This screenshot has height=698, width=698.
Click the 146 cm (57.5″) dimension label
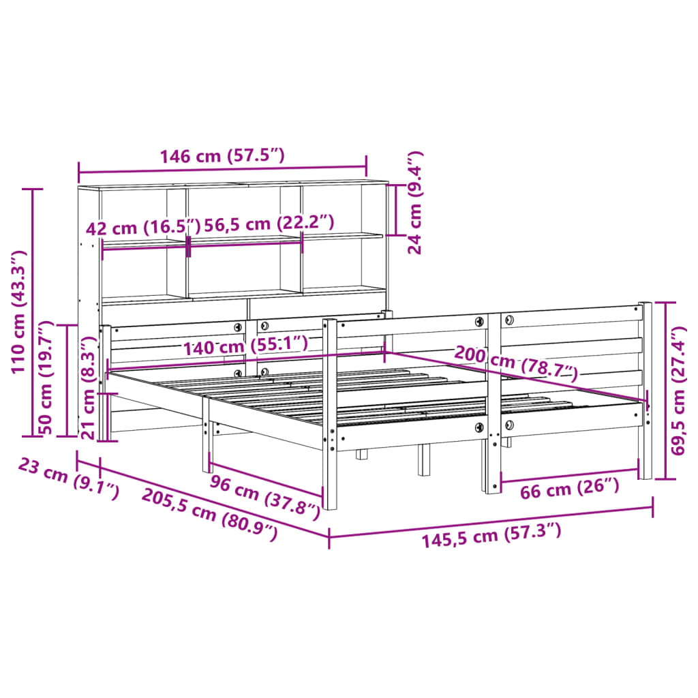(222, 156)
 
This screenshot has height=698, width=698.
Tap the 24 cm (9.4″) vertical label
(415, 202)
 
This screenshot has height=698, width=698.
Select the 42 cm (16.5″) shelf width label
(143, 226)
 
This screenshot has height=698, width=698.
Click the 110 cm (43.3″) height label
(19, 312)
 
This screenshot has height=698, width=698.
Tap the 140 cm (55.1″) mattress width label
(245, 346)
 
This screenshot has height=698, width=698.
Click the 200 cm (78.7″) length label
(516, 363)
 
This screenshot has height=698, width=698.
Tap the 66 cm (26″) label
(569, 487)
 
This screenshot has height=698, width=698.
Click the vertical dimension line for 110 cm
(33, 312)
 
